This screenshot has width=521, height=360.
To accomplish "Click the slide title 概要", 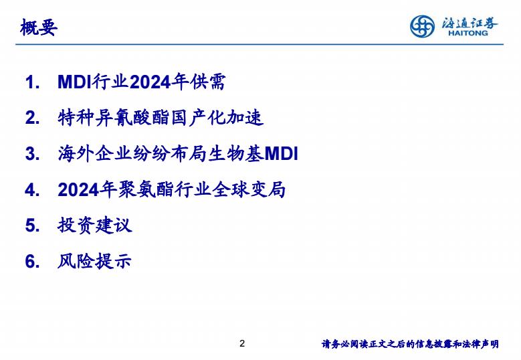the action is point(39,27).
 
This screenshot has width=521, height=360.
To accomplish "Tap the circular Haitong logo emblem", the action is point(422,26).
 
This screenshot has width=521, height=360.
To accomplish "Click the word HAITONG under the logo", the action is point(468,33).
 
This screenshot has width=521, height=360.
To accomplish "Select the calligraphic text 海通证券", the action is point(470,23).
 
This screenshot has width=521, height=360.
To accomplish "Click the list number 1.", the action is point(32,82).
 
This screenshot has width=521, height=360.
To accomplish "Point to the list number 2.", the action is point(32,118).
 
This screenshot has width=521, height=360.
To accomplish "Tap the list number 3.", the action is point(32,154).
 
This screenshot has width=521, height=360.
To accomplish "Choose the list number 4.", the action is point(32,190).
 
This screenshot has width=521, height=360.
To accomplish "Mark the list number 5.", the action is point(32,226).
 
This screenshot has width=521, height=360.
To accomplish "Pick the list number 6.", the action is point(32,261).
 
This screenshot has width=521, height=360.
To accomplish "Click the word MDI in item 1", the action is point(74,82).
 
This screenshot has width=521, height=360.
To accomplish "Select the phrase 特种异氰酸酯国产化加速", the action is point(161,118).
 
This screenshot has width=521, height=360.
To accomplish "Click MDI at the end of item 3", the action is point(281,154).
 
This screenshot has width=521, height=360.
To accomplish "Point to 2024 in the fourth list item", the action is point(78,190).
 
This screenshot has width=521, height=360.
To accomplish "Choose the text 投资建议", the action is point(95,226).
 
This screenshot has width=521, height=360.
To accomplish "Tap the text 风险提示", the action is point(95,261).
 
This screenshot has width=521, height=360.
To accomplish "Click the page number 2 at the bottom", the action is point(242,343).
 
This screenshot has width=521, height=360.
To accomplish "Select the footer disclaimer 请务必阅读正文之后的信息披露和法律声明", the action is point(410,344).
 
